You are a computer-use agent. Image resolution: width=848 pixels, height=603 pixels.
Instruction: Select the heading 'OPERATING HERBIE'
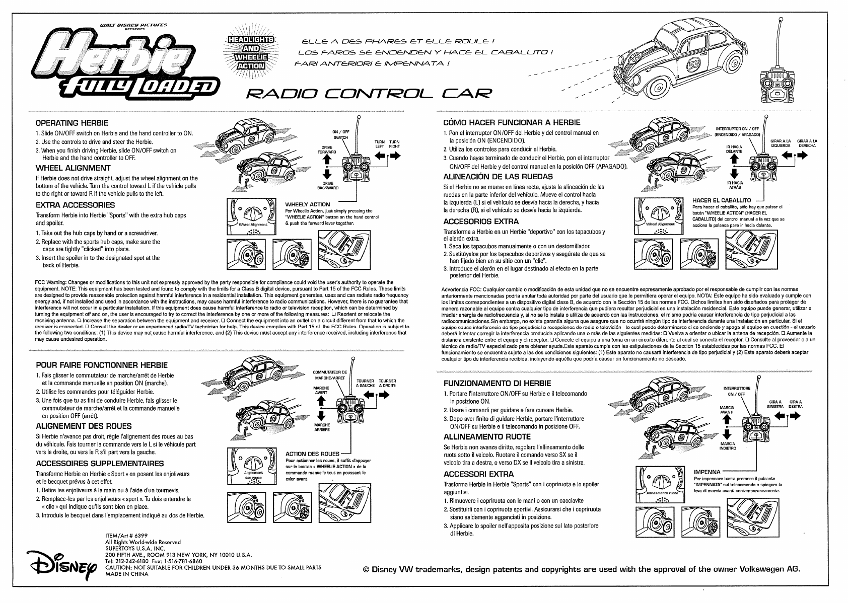pyautogui.click(x=72, y=123)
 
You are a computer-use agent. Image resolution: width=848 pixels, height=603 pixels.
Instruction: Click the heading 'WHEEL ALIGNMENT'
pyautogui.click(x=73, y=168)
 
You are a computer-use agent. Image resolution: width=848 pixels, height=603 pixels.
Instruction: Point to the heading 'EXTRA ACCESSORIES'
pyautogui.click(x=75, y=205)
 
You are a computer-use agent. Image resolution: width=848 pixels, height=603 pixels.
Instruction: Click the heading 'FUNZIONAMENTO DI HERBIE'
pyautogui.click(x=497, y=383)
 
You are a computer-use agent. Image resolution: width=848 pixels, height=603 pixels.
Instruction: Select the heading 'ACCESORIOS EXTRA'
pyautogui.click(x=481, y=221)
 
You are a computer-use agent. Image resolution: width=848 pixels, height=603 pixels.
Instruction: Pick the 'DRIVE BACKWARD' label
pyautogui.click(x=327, y=185)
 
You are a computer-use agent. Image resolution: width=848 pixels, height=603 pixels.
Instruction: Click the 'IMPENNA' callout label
pyautogui.click(x=707, y=472)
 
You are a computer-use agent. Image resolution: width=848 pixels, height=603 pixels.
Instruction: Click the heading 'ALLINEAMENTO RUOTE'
pyautogui.click(x=486, y=436)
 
